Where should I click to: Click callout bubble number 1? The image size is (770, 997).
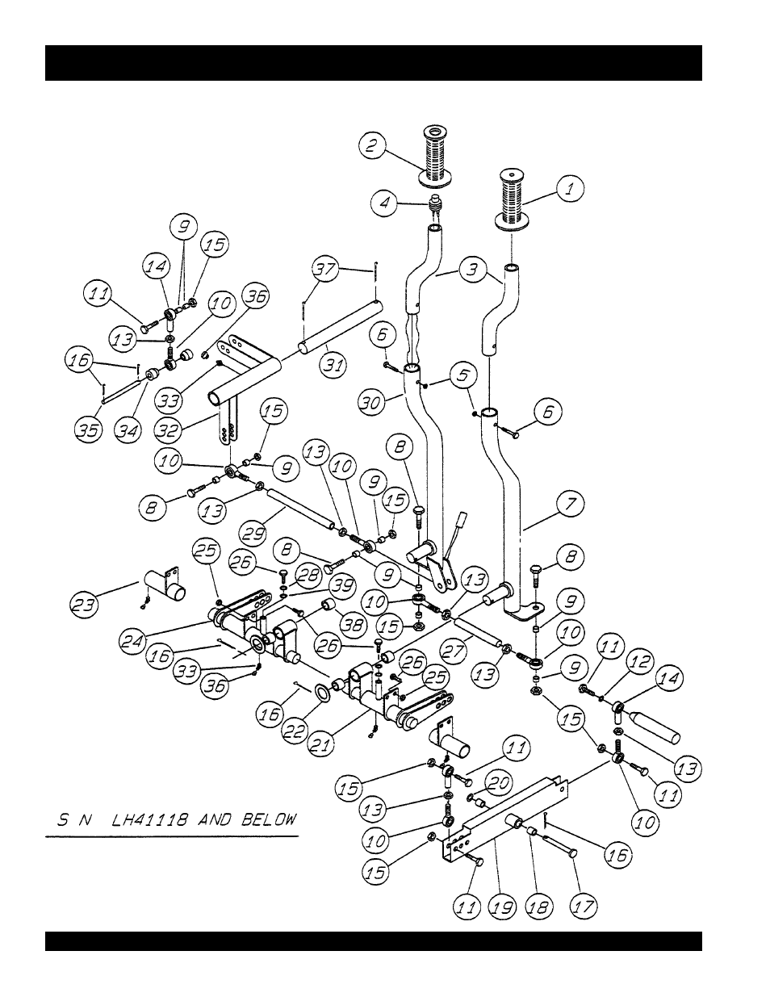(570, 189)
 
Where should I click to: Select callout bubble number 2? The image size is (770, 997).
(371, 145)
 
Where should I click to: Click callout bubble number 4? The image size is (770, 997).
(385, 203)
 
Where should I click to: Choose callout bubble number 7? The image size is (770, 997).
(571, 505)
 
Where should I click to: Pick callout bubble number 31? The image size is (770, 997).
(333, 366)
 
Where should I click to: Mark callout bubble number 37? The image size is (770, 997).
(325, 270)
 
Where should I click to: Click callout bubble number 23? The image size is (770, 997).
(85, 605)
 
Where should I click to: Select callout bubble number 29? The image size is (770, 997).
(253, 534)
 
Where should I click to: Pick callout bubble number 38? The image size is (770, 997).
(353, 625)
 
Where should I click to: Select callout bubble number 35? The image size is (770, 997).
(89, 430)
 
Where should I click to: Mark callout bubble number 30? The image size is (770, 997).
(371, 402)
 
